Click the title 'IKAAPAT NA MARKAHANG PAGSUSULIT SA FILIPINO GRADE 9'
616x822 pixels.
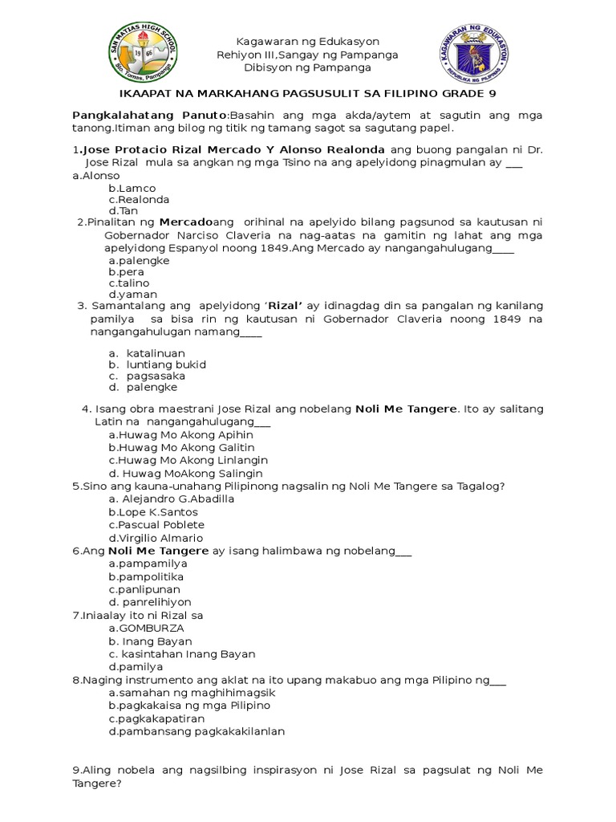point(308,94)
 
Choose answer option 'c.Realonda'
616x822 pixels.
point(139,199)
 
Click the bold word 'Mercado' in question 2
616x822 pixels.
point(185,222)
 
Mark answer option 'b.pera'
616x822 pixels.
point(127,272)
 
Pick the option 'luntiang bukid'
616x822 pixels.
point(166,364)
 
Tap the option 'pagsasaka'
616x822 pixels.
point(156,376)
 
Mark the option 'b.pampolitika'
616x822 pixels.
point(146,576)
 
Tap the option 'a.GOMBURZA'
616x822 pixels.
point(146,628)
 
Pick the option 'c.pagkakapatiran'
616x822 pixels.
point(156,718)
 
